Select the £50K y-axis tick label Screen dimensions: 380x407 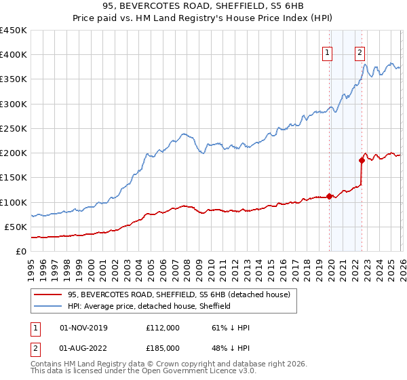point(16,227)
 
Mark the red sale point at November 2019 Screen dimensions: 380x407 point(330,196)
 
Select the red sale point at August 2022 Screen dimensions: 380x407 point(362,160)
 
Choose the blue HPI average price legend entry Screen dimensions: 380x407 point(149,306)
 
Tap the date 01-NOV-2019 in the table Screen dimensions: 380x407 point(83,328)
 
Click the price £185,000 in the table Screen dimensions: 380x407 point(163,348)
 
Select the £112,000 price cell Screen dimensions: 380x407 point(163,328)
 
